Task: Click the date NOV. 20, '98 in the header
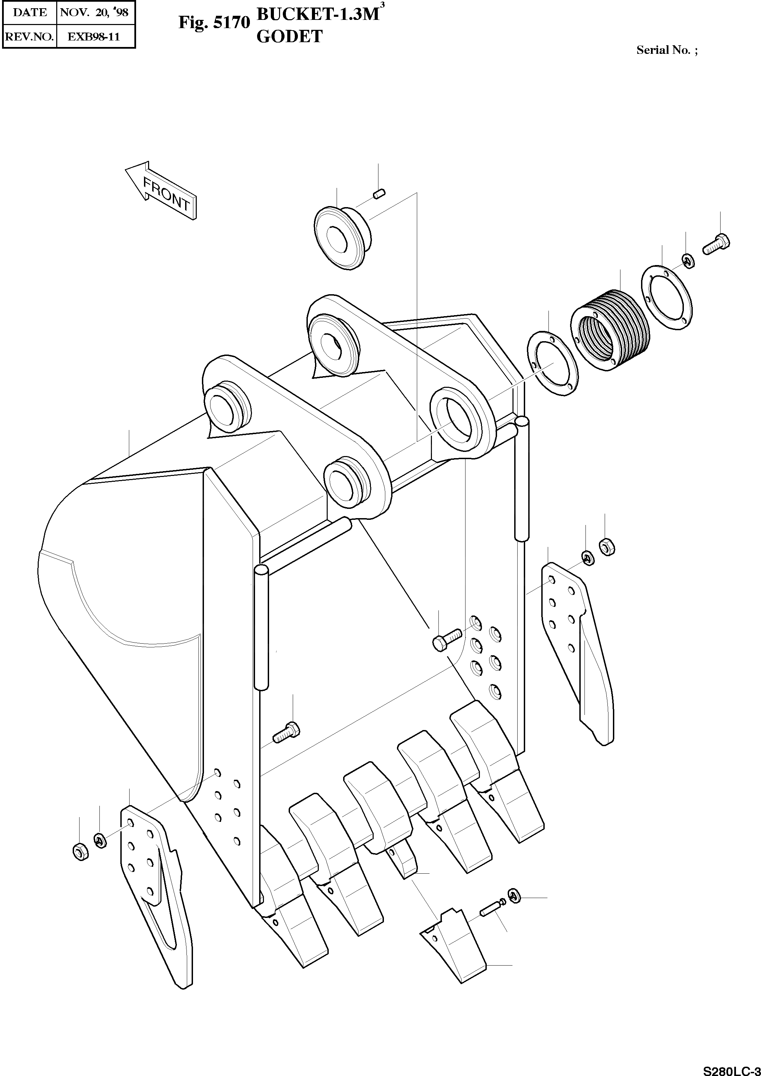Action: [94, 12]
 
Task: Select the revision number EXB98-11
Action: [94, 37]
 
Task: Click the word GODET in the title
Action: [290, 37]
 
